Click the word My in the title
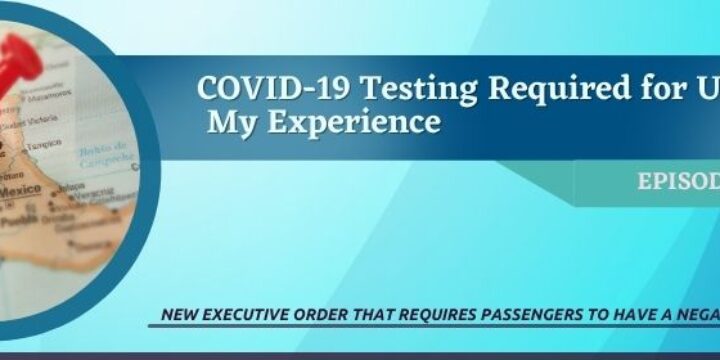click(x=227, y=123)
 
